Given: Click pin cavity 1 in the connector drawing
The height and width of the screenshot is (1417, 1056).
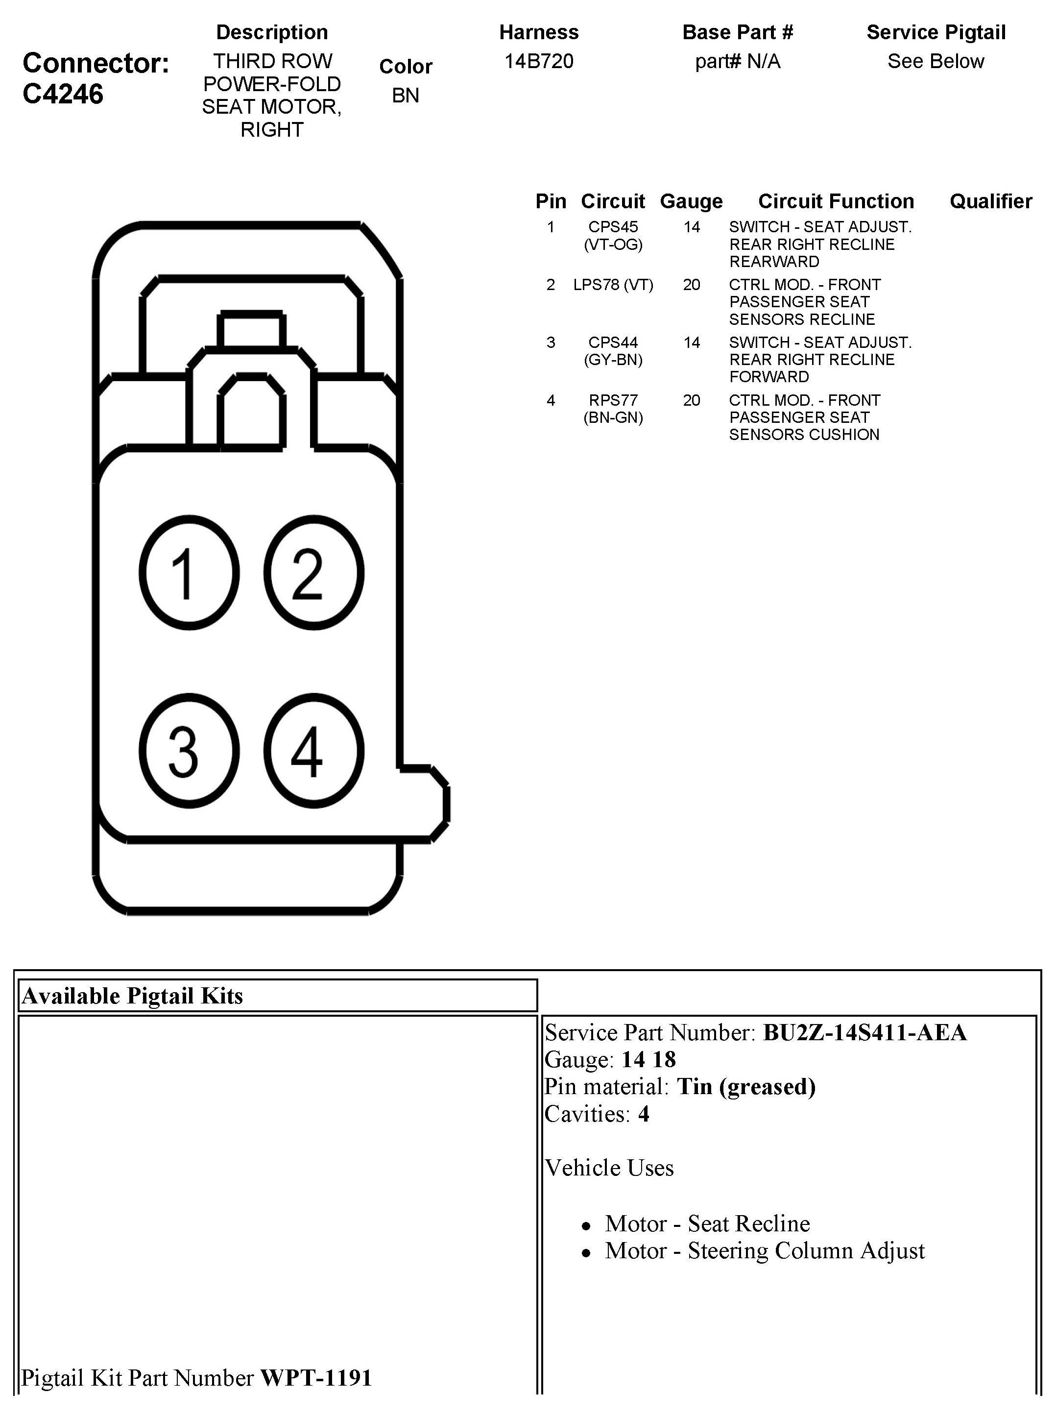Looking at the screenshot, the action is pos(189,573).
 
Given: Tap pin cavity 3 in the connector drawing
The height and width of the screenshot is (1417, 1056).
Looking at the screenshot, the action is pos(189,750).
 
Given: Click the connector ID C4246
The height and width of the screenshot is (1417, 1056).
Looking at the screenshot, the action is pos(63,94).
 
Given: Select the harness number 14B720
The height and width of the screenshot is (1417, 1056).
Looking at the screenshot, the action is pos(539,61).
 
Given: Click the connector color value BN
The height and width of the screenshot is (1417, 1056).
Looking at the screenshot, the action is pos(405,95).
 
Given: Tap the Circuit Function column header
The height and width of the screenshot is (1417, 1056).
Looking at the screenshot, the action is pos(836,201).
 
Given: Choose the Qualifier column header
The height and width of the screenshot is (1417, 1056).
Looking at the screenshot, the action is pos(991,201).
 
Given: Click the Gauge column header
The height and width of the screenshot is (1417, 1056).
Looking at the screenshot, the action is pos(691,201).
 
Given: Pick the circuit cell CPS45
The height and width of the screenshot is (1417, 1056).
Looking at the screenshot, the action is pos(613,227).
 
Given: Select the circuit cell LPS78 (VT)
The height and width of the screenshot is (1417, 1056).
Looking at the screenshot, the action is pos(613,285).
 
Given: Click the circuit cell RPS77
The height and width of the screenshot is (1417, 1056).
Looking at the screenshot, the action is pos(613,400).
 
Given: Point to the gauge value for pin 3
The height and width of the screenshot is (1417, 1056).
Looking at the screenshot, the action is pos(691,343).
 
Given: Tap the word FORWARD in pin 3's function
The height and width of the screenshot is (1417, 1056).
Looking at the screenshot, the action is pos(769,377).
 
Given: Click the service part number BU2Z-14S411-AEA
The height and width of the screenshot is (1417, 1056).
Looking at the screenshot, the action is pos(864,1033).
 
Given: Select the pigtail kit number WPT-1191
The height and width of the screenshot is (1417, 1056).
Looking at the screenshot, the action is pos(316,1377).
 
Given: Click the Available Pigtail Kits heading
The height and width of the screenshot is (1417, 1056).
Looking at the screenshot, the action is pos(132,996).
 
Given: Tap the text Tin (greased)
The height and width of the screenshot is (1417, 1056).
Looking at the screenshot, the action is pos(746,1086).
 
